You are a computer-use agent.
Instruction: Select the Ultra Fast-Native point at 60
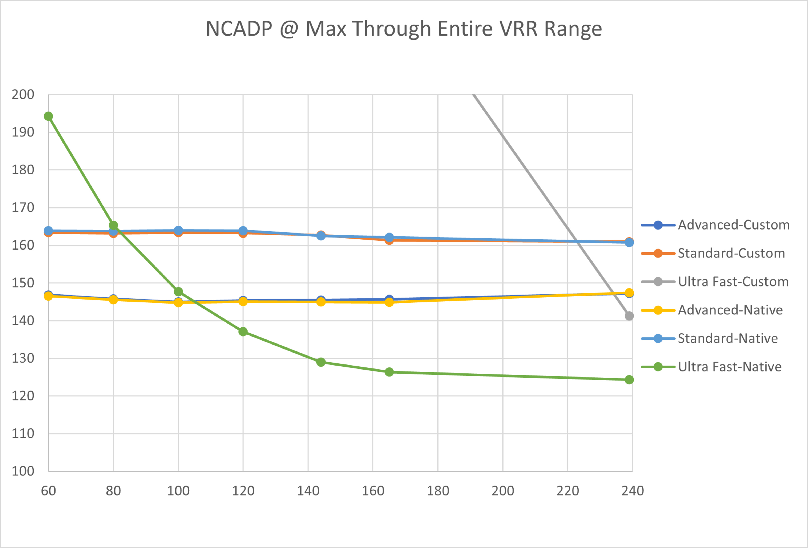tap(48, 116)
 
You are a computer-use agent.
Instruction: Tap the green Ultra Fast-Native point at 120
tap(243, 332)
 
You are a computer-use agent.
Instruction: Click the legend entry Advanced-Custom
tap(734, 225)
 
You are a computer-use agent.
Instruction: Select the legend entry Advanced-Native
tap(730, 310)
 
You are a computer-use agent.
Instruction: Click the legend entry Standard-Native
tap(728, 338)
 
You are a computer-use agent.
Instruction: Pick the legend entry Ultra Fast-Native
tap(730, 367)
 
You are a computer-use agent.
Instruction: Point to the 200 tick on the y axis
tap(23, 94)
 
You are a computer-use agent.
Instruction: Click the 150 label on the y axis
tap(23, 283)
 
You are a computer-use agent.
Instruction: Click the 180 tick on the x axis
tap(438, 491)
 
